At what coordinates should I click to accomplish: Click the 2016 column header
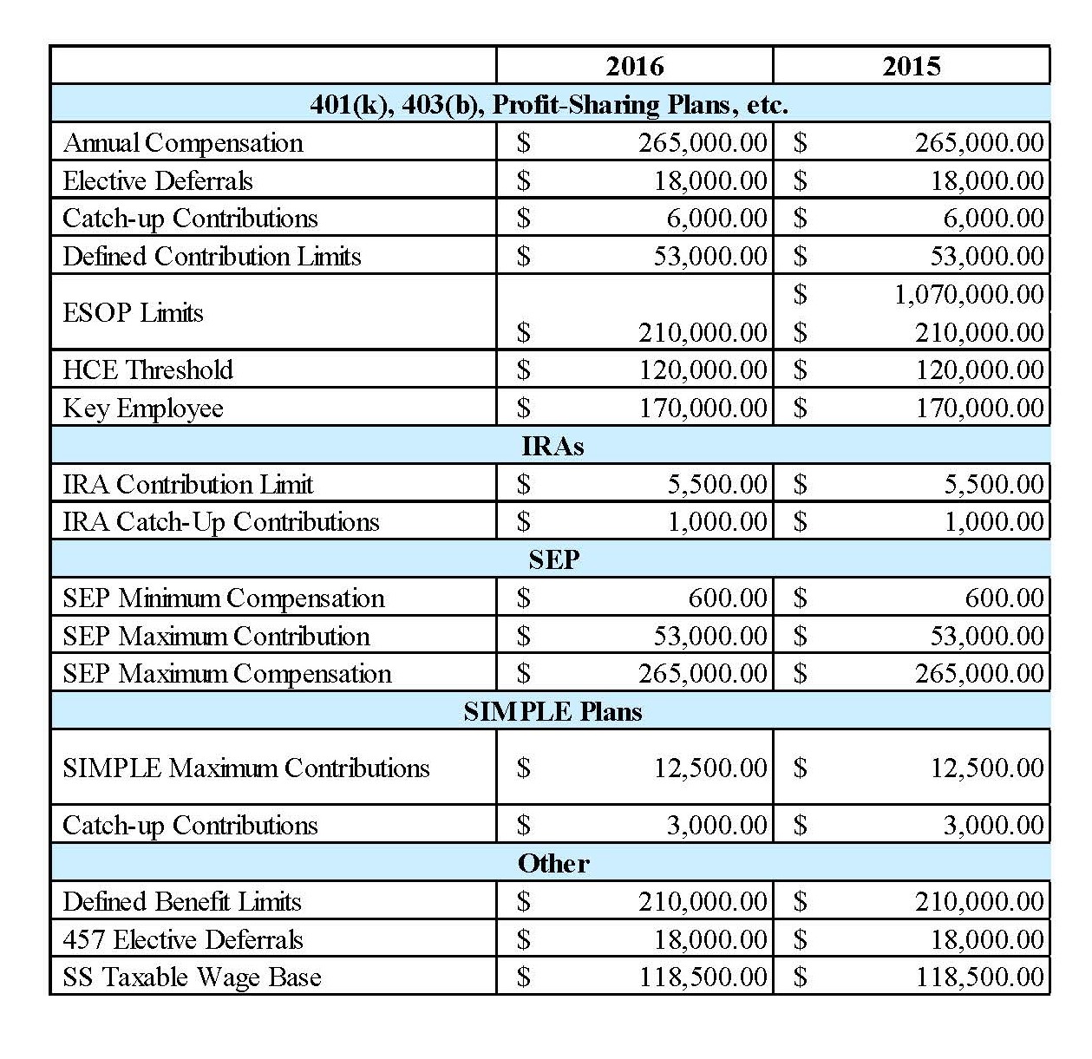pyautogui.click(x=634, y=66)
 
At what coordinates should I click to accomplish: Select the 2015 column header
pyautogui.click(x=911, y=66)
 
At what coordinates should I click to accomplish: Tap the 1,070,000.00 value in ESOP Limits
pyautogui.click(x=969, y=294)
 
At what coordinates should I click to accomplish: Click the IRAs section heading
pyautogui.click(x=553, y=446)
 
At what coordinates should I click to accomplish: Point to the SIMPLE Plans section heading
pyautogui.click(x=553, y=711)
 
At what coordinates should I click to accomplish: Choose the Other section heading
pyautogui.click(x=553, y=863)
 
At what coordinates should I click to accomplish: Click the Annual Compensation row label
pyautogui.click(x=183, y=142)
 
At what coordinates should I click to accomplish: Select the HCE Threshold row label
pyautogui.click(x=147, y=369)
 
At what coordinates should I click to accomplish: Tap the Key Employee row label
pyautogui.click(x=143, y=408)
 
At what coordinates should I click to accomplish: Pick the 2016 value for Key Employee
pyautogui.click(x=703, y=408)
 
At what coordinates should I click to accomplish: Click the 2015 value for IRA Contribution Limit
pyautogui.click(x=993, y=484)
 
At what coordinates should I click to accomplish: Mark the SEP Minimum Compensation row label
pyautogui.click(x=223, y=598)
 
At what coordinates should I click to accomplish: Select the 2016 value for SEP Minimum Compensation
pyautogui.click(x=728, y=598)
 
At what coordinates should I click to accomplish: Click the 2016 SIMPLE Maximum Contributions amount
pyautogui.click(x=710, y=768)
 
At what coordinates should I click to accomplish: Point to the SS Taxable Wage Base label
pyautogui.click(x=192, y=977)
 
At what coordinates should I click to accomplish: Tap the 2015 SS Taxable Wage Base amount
pyautogui.click(x=979, y=977)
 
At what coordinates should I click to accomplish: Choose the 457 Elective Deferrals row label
pyautogui.click(x=183, y=939)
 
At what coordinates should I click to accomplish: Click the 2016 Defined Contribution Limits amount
pyautogui.click(x=710, y=256)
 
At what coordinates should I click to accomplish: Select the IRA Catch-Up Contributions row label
pyautogui.click(x=221, y=521)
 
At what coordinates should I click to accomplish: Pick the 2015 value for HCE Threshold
pyautogui.click(x=979, y=369)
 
